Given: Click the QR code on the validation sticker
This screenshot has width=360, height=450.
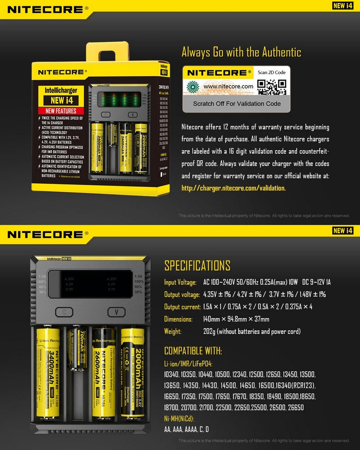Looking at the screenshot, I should pyautogui.click(x=272, y=86).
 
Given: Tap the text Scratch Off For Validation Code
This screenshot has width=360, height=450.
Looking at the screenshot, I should pyautogui.click(x=237, y=103).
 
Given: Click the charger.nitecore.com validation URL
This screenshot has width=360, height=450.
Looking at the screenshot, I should pyautogui.click(x=233, y=188).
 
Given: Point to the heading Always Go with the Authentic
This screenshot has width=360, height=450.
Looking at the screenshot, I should pyautogui.click(x=241, y=52).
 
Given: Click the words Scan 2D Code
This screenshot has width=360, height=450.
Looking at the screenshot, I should pyautogui.click(x=271, y=72).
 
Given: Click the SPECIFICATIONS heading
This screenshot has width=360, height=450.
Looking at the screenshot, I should pyautogui.click(x=197, y=265).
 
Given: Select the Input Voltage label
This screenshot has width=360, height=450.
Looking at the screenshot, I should pyautogui.click(x=180, y=283).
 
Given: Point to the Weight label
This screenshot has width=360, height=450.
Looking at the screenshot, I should pyautogui.click(x=173, y=332).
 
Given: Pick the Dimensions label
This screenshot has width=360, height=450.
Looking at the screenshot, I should pyautogui.click(x=178, y=319).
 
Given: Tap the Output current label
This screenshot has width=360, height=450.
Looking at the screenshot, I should pyautogui.click(x=182, y=307).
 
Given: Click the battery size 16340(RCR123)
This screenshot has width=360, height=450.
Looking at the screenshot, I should pyautogui.click(x=297, y=386).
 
